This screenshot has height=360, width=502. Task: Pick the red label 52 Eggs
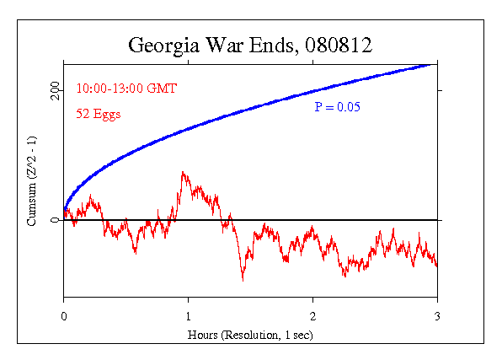99,115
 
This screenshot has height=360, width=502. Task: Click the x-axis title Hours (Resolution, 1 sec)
250,334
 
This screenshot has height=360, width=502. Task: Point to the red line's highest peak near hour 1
183,173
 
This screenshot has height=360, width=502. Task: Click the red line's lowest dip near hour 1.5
243,279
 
